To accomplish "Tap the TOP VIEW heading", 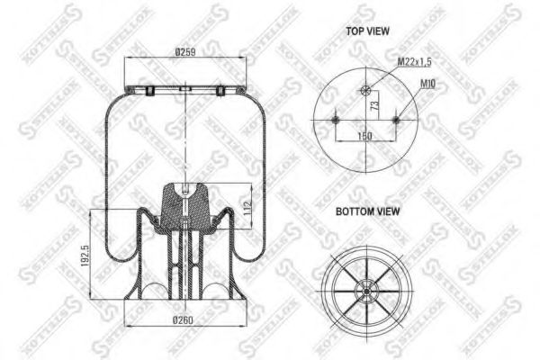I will click(x=368, y=30).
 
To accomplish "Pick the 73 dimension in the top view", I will click(x=373, y=105).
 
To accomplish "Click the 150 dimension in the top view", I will click(x=365, y=135).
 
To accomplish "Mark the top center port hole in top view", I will click(x=365, y=89).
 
